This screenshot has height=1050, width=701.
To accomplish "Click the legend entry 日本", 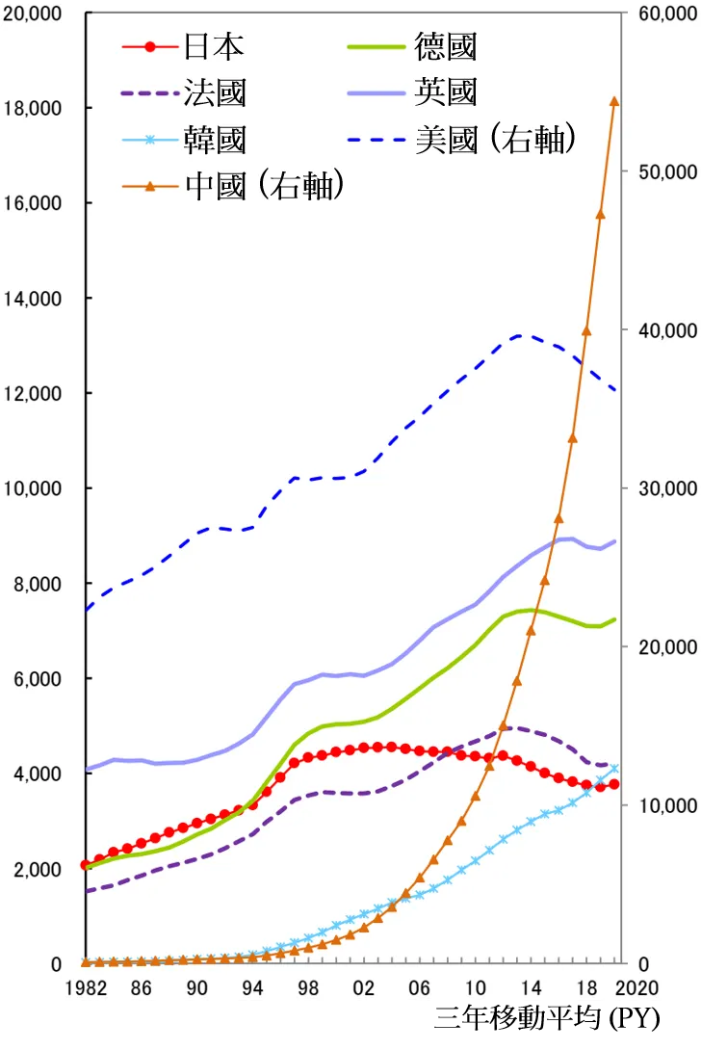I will click(214, 45).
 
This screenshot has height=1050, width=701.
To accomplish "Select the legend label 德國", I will click(446, 45).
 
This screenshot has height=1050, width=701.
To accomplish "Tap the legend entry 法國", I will click(214, 92).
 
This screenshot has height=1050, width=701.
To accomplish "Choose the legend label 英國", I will click(446, 92).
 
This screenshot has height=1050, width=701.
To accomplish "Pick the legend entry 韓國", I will click(214, 140).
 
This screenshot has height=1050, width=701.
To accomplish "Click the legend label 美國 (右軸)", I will click(496, 140).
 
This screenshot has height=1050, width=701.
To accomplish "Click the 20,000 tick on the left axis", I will click(34, 15).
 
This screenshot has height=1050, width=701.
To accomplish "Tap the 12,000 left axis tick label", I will click(34, 394).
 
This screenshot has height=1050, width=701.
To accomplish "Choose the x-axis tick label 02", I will click(364, 987).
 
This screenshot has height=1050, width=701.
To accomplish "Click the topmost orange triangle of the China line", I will click(614, 101).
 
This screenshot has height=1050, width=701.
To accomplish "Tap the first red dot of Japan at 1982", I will click(86, 865).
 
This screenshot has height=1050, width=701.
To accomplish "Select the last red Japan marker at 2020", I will click(614, 784).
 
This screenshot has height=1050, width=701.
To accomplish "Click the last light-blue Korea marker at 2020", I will click(614, 768).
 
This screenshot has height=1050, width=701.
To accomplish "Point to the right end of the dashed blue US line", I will click(615, 390).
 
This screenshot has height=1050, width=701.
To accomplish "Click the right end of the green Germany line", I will click(615, 618).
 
